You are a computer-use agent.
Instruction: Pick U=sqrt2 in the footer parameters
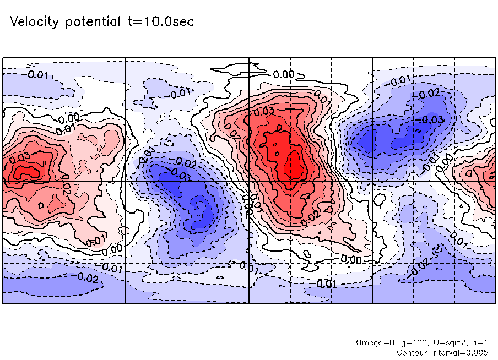[x=445, y=343]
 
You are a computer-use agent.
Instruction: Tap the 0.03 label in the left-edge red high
[x=20, y=157]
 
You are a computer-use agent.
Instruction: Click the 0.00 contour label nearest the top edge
[x=284, y=74]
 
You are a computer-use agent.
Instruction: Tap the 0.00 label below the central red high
[x=351, y=259]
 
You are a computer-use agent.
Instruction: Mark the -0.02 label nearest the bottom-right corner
[x=420, y=265]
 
